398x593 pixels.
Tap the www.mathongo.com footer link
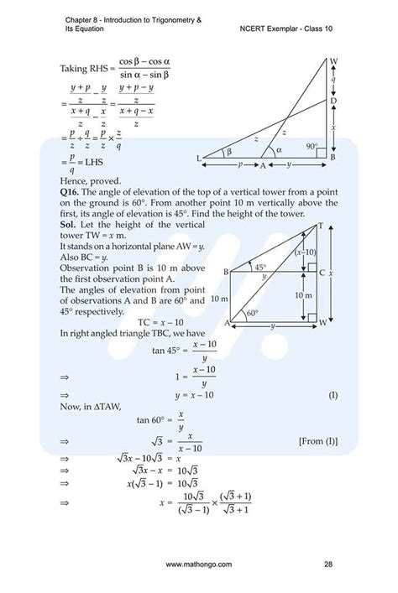tap(199, 564)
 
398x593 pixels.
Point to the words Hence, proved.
tap(91, 179)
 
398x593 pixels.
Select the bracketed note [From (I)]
tap(317, 440)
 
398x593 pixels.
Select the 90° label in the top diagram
tap(312, 146)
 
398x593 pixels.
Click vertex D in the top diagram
tap(333, 101)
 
